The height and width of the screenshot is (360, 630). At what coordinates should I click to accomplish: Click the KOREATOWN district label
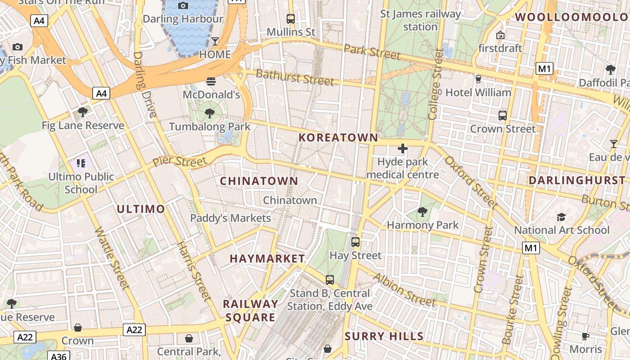point(338,138)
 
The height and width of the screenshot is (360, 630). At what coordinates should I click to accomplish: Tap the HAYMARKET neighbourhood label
point(267,259)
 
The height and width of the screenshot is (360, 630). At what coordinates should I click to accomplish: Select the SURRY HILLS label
point(384,336)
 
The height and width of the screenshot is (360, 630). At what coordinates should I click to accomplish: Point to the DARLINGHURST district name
point(577,180)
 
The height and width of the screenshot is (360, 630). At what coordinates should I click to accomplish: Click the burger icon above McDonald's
point(211,81)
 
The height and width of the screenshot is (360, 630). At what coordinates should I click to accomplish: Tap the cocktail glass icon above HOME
point(215,41)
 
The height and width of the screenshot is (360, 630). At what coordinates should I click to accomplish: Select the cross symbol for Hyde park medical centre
point(403,148)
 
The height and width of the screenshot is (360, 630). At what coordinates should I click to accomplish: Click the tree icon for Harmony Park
point(422,211)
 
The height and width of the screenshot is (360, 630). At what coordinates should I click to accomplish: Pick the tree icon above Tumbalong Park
point(209,113)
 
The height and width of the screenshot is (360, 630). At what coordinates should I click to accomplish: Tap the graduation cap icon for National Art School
point(561,217)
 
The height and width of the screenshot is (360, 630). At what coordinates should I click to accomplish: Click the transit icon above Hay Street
point(355,242)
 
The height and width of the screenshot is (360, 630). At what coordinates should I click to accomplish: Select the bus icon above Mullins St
point(291,19)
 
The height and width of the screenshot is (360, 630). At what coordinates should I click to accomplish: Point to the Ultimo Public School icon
point(81,163)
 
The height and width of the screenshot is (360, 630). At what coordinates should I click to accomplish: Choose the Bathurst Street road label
point(295,77)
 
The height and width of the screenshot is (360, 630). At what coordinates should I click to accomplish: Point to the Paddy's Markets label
point(230,218)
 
